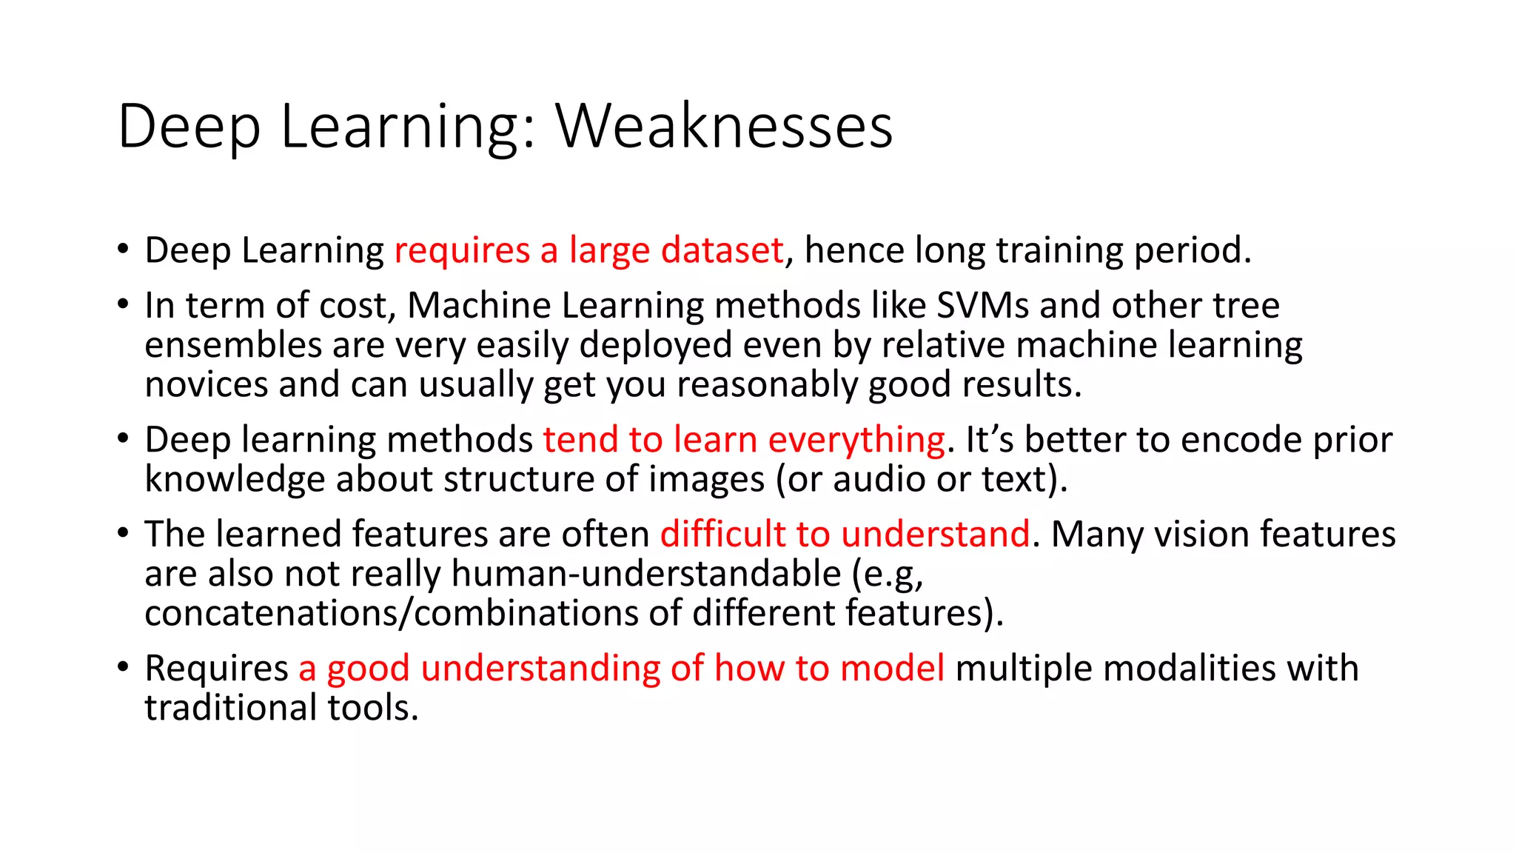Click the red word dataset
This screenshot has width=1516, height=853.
tap(722, 250)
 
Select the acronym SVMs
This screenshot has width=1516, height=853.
tap(982, 305)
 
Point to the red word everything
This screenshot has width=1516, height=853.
tap(856, 440)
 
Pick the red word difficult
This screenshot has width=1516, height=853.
tap(722, 534)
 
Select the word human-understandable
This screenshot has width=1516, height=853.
tap(646, 574)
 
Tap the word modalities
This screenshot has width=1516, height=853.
tap(1190, 668)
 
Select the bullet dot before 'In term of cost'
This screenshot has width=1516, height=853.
tap(123, 304)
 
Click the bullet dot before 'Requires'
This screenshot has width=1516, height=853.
tap(123, 667)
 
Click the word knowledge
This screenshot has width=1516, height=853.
tap(235, 480)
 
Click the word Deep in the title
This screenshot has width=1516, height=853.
tap(189, 127)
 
